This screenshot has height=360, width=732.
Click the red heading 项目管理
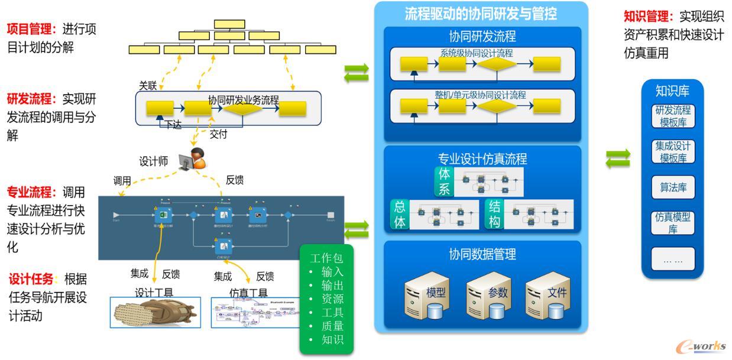point(31,30)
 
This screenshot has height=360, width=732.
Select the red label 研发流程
point(31,99)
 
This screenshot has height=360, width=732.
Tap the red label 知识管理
point(649,17)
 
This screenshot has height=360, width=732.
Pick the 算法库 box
point(673,188)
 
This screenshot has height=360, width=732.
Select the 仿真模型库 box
point(673,223)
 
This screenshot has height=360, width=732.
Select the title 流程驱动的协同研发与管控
point(481,14)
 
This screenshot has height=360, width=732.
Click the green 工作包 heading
point(326,258)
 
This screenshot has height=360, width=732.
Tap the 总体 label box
point(400,215)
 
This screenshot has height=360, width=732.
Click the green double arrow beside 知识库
point(618,158)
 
